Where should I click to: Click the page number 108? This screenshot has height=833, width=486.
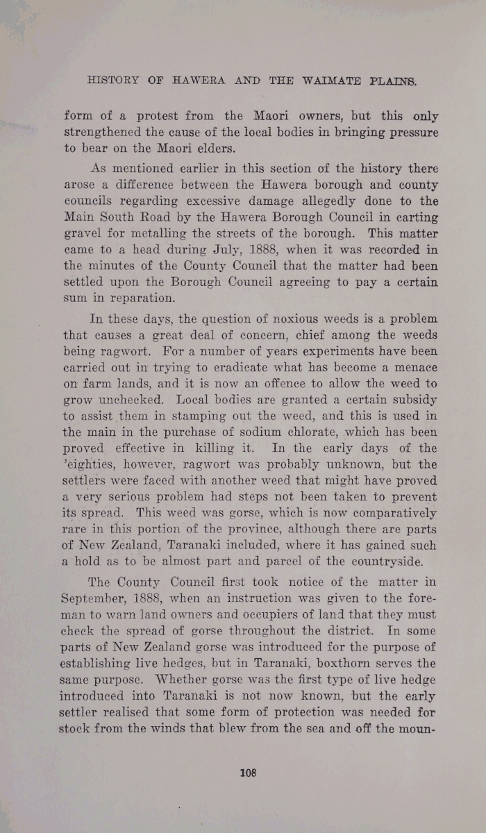(248, 773)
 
